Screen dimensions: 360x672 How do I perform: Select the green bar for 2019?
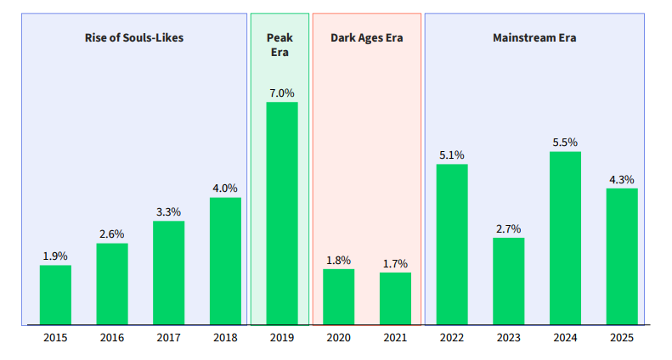tap(282, 213)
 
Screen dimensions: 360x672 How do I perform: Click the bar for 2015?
tap(55, 295)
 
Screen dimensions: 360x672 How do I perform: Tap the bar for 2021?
tap(395, 298)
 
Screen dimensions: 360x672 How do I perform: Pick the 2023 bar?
tap(509, 281)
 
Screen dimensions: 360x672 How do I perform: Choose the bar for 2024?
tap(565, 238)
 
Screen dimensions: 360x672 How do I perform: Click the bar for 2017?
tap(168, 273)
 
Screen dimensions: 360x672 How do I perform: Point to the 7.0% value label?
tap(282, 93)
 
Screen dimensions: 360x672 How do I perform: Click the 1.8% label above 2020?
tap(338, 260)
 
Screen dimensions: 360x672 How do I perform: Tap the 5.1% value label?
tap(452, 155)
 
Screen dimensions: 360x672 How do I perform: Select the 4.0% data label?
tap(225, 188)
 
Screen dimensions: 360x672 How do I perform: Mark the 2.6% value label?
tap(112, 233)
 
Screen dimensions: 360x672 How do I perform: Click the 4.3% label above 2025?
tap(622, 179)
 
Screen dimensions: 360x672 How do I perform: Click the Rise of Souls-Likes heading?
tap(134, 37)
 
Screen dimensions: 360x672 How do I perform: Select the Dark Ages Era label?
tap(366, 37)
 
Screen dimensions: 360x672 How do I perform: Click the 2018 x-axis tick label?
tap(225, 338)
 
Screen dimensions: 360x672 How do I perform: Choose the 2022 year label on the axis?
tap(452, 338)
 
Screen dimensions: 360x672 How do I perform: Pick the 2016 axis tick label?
tap(112, 338)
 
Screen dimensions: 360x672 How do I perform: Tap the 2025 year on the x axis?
tap(622, 338)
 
